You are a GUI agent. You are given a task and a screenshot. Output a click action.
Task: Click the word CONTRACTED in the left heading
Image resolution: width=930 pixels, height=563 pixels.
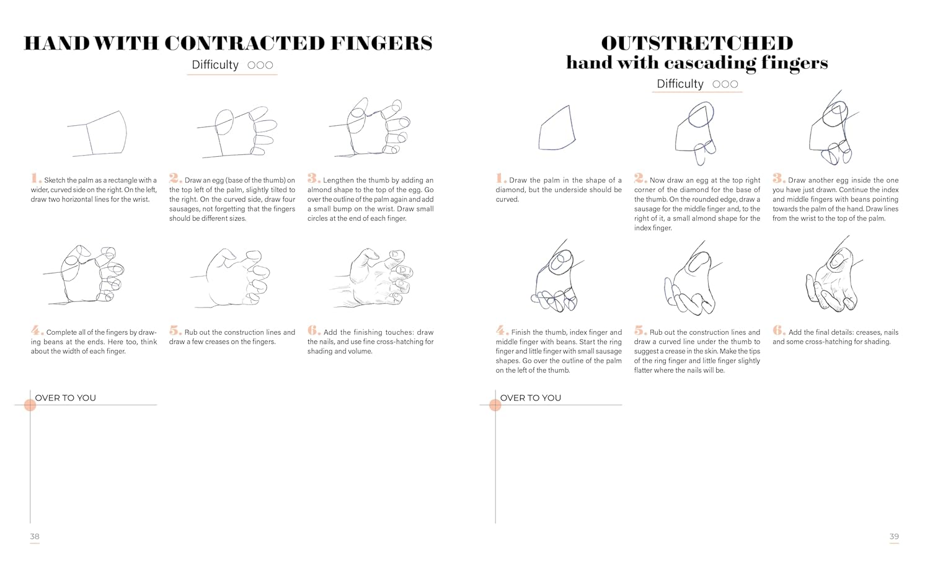pyautogui.click(x=244, y=43)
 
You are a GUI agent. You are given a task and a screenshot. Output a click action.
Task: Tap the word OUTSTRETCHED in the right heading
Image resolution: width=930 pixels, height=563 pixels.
pyautogui.click(x=697, y=43)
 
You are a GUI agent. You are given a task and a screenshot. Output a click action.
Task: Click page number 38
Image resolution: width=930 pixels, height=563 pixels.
pyautogui.click(x=35, y=536)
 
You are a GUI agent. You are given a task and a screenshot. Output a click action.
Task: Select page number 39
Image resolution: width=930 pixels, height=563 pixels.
pyautogui.click(x=894, y=536)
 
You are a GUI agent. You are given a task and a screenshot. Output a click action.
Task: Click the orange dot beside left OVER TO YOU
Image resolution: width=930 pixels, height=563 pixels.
pyautogui.click(x=30, y=405)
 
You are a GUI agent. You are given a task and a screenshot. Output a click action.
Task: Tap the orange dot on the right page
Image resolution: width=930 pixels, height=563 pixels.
pyautogui.click(x=495, y=405)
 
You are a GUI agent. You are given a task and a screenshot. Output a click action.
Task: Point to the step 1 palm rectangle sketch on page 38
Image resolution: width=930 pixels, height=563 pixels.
pyautogui.click(x=97, y=134)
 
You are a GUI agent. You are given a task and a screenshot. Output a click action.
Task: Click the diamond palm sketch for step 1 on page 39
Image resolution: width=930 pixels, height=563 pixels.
pyautogui.click(x=557, y=128)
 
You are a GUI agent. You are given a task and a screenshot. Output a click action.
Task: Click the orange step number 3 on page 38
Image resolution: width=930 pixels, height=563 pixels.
pyautogui.click(x=314, y=178)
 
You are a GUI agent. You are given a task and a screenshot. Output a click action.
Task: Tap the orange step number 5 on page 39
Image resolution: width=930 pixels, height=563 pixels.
pyautogui.click(x=640, y=330)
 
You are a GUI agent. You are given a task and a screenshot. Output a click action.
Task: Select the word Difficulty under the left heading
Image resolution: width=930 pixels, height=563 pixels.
pyautogui.click(x=215, y=64)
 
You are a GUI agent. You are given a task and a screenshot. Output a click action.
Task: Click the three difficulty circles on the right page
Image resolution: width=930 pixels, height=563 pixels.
pyautogui.click(x=725, y=84)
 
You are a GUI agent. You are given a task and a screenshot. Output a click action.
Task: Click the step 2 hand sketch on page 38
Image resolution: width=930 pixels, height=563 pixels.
pyautogui.click(x=237, y=132)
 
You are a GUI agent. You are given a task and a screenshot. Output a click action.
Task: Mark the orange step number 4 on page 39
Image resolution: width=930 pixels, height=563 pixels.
pyautogui.click(x=502, y=330)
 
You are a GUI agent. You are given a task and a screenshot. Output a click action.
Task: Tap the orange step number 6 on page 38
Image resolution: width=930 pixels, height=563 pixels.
pyautogui.click(x=314, y=330)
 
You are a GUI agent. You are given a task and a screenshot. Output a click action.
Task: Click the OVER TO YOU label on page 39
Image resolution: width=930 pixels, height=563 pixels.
pyautogui.click(x=531, y=397)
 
